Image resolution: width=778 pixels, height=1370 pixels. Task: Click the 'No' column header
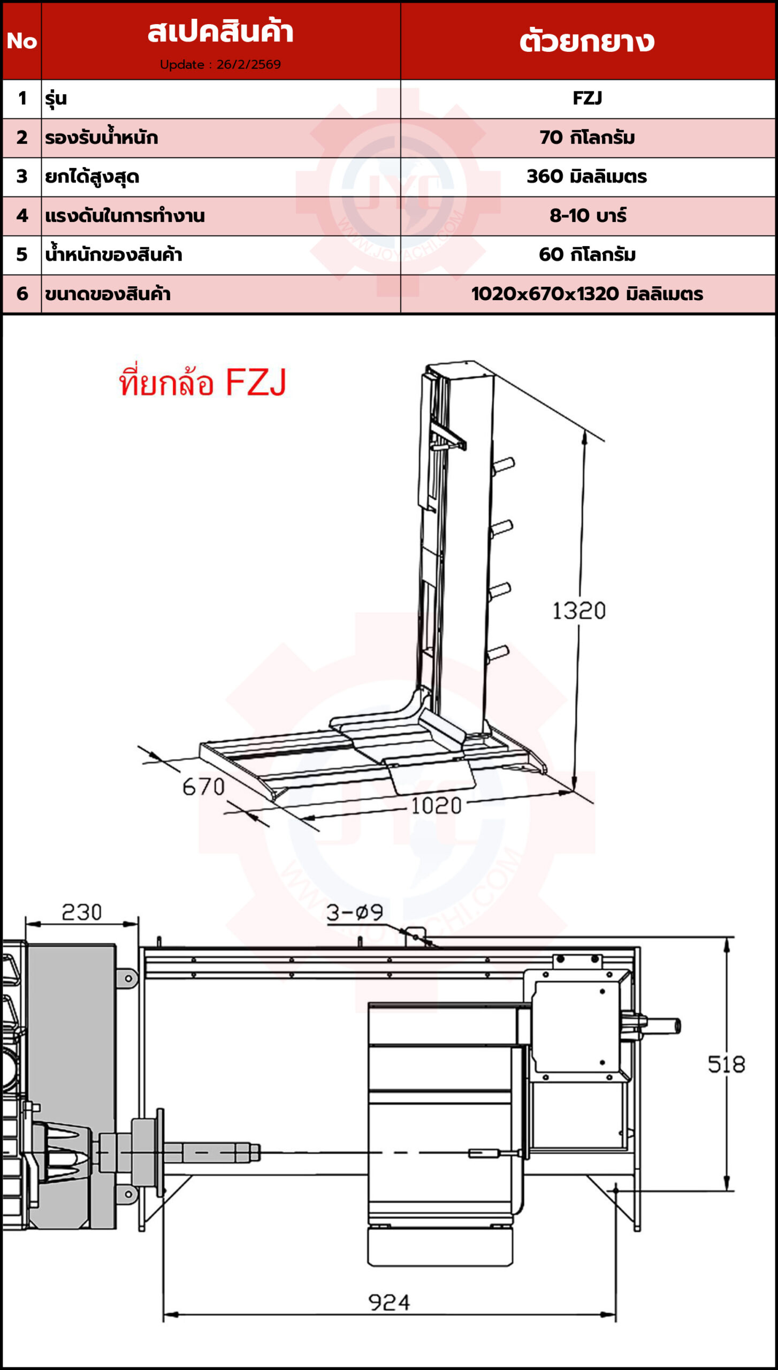pyautogui.click(x=22, y=41)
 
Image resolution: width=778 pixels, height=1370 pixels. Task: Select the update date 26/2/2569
pyautogui.click(x=249, y=65)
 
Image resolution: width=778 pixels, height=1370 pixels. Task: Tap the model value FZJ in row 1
pyautogui.click(x=588, y=98)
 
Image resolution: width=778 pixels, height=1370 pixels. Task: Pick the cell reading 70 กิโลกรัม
pyautogui.click(x=588, y=138)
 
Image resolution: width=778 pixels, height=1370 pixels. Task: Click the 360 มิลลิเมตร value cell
pyautogui.click(x=588, y=177)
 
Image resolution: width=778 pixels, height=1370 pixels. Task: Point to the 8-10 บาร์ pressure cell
pyautogui.click(x=588, y=216)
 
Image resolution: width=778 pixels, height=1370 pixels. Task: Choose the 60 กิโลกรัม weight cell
pyautogui.click(x=588, y=255)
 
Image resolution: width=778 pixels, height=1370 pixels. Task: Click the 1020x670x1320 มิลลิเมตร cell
pyautogui.click(x=588, y=294)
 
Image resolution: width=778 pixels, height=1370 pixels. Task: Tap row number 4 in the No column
pyautogui.click(x=22, y=216)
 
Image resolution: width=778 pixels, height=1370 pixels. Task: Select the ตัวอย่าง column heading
pyautogui.click(x=588, y=41)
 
